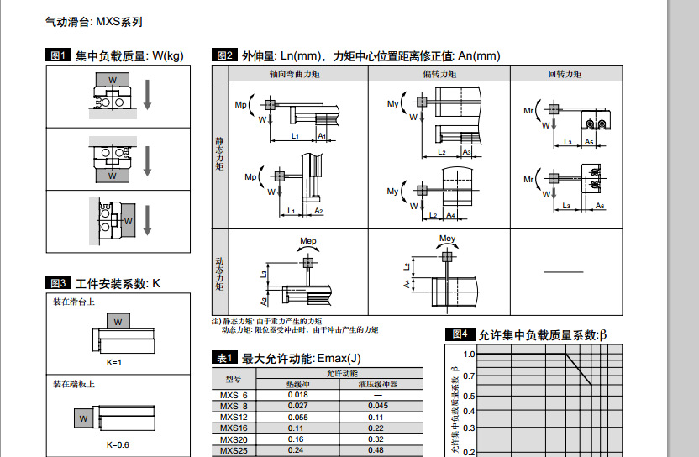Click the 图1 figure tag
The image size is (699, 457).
(x=58, y=56)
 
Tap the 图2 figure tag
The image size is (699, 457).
(x=224, y=56)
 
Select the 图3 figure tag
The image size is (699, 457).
(x=58, y=283)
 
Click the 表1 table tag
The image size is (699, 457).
(x=224, y=358)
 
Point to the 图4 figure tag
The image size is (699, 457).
(x=460, y=334)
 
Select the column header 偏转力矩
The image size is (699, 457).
(x=439, y=74)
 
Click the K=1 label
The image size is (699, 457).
(x=115, y=362)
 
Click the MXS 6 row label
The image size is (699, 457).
(x=234, y=395)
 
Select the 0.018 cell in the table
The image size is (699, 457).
(x=297, y=395)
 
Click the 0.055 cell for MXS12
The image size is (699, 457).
(x=297, y=417)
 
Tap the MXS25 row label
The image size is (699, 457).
(x=234, y=449)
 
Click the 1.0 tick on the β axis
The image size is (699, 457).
(x=469, y=355)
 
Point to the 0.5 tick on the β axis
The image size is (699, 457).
(x=469, y=396)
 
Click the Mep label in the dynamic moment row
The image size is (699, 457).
(x=310, y=241)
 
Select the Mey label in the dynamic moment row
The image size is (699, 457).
(x=448, y=239)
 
